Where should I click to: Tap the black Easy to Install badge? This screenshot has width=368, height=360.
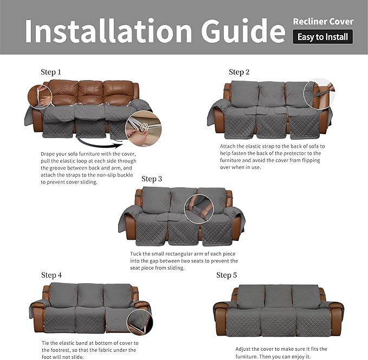coord(323,37)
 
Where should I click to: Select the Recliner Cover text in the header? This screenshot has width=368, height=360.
coord(323,22)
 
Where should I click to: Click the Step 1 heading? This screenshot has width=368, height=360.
coord(51,72)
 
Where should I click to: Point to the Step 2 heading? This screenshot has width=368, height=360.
coord(239,72)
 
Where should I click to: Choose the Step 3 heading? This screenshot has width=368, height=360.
coord(152,179)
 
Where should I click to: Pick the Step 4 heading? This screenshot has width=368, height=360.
coord(51,275)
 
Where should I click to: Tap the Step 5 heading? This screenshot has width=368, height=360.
coord(227,275)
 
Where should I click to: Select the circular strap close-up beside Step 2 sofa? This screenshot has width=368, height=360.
coord(319,93)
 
